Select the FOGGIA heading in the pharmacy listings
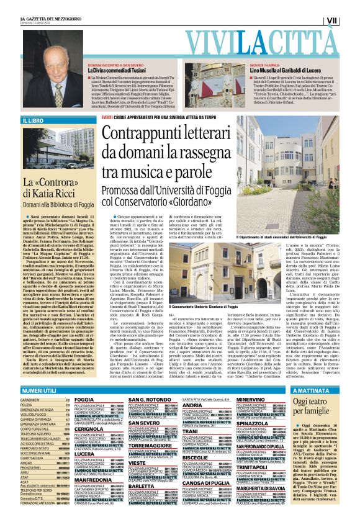click(84, 400)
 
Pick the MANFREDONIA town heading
click(92, 480)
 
